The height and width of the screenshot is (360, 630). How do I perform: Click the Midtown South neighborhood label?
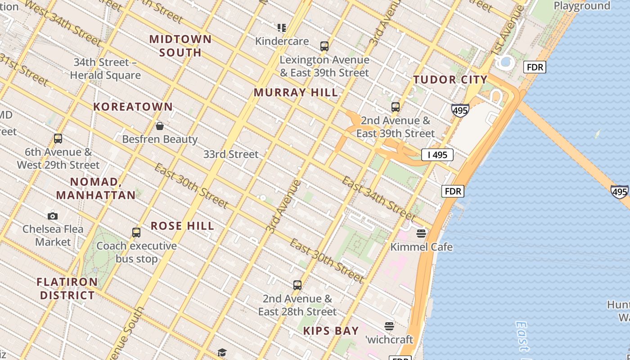point(180,45)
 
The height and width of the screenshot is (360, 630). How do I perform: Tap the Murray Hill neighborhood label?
point(296,93)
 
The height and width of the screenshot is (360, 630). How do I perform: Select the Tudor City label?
point(450,80)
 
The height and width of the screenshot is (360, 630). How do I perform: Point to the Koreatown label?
point(133,107)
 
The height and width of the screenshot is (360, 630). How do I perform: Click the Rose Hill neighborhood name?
point(182,226)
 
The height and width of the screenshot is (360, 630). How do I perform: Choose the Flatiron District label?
point(67,288)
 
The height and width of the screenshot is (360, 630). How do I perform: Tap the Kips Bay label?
point(331,331)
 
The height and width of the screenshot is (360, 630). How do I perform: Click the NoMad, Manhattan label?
point(96,189)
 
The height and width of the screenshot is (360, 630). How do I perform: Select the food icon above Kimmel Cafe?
point(421,233)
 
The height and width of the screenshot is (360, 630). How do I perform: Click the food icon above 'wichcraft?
point(389,326)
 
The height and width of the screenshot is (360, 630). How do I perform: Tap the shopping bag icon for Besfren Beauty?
point(159,126)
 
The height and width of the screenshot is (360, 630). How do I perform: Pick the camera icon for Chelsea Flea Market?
point(53,216)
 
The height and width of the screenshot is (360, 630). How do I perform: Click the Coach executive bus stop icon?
point(136,232)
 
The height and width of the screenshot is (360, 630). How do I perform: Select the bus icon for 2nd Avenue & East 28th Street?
point(297,285)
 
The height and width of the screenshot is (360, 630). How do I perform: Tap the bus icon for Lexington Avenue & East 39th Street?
point(324,46)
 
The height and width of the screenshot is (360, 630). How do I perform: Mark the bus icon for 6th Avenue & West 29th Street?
point(58,138)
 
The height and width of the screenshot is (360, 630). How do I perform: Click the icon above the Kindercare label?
point(282,28)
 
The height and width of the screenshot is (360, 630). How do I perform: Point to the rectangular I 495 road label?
point(437,155)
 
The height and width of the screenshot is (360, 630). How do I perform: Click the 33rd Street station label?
point(231,154)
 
